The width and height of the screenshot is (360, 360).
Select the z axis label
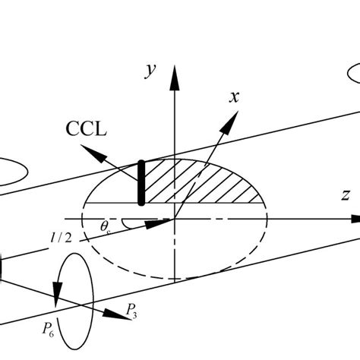[346, 194]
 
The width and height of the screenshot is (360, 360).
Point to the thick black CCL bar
[141, 182]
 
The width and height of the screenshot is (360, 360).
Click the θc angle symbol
[106, 226]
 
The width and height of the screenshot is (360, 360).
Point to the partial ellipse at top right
[354, 73]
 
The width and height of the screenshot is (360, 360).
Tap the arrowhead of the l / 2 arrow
[167, 222]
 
